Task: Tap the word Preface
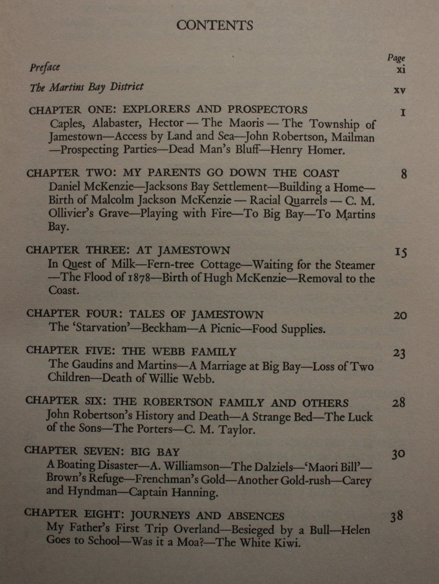pos(45,67)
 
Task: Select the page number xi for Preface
pos(400,70)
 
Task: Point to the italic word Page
pos(396,58)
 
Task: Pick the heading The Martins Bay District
pos(87,87)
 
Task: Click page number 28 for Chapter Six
pos(398,404)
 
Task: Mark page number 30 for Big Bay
pos(398,454)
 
